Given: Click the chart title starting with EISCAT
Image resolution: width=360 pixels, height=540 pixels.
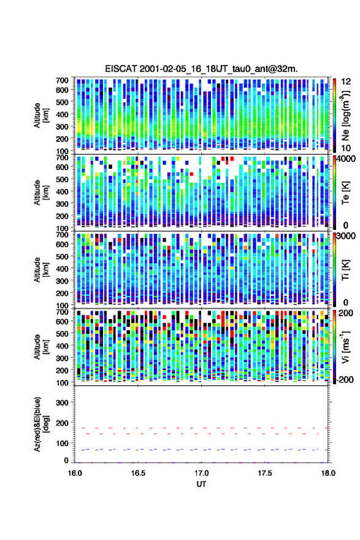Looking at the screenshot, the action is [201, 69].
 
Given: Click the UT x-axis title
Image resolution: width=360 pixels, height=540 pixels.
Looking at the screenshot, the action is [201, 484].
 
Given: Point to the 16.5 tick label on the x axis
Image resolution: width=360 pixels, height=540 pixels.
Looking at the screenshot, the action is [138, 473].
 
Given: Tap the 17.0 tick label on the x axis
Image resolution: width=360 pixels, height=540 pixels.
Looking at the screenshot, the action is [201, 473].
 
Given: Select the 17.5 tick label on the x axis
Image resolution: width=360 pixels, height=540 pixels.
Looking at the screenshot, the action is [265, 473].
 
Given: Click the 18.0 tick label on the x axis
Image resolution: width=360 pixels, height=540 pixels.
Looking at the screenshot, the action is [328, 473].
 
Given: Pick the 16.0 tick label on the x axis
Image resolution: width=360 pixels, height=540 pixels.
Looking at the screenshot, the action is [75, 473].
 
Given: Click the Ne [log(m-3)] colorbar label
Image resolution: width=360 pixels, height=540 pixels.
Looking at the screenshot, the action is [346, 115].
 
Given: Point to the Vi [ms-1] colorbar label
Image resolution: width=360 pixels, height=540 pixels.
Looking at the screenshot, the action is [346, 347].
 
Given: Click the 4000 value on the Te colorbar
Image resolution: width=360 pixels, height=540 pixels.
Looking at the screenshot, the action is [346, 159].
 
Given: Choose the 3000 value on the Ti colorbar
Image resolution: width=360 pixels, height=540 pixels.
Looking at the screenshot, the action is [346, 236].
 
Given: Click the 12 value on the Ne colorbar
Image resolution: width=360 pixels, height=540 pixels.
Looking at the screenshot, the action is [346, 82].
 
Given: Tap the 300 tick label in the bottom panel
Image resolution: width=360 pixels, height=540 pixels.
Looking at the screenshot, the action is [62, 403].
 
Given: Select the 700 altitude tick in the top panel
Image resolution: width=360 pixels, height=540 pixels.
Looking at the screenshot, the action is [62, 80].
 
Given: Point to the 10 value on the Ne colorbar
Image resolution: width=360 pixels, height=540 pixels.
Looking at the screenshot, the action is [346, 148].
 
